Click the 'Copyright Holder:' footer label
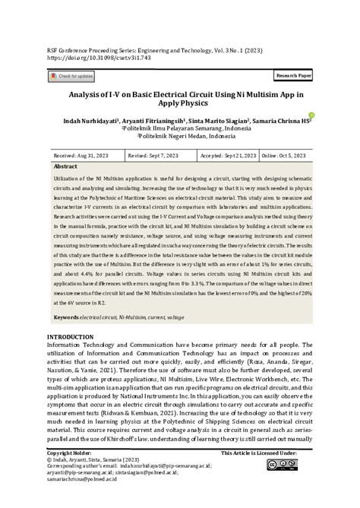[x=70, y=453]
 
